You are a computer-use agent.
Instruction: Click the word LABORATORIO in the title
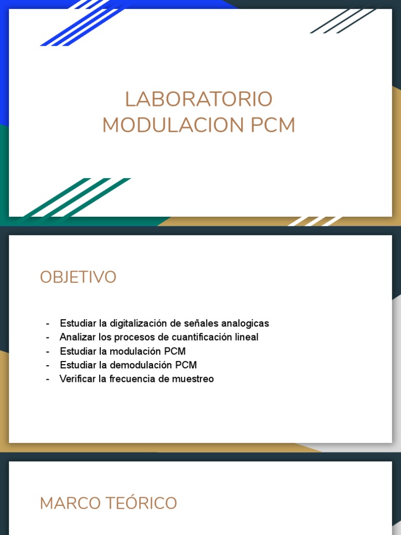point(198,99)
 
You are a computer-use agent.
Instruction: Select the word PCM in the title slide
point(273,125)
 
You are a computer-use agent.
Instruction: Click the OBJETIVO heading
point(78,277)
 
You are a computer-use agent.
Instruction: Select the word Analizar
point(77,338)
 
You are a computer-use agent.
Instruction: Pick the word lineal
point(246,338)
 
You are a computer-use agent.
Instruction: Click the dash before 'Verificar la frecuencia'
point(48,379)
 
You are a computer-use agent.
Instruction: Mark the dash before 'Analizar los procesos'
point(48,338)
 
